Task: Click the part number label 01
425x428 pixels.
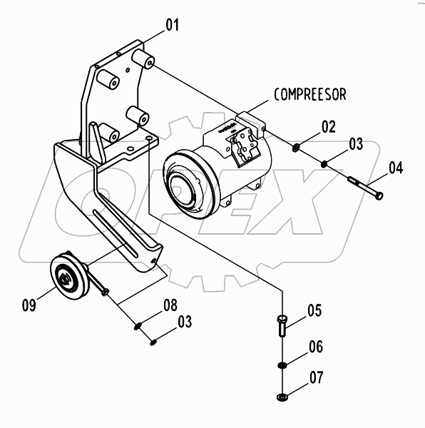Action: [x=172, y=27]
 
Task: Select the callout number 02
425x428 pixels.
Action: [x=328, y=128]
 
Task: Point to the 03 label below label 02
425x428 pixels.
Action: [x=356, y=145]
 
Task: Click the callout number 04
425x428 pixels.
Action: [x=396, y=168]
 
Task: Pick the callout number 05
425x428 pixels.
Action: [x=315, y=311]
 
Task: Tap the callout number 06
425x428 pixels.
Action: [x=315, y=347]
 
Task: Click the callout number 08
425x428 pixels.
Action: [x=170, y=306]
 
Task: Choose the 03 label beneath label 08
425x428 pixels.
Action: [x=184, y=322]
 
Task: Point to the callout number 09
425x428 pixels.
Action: [x=29, y=306]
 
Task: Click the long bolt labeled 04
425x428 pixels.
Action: [x=366, y=188]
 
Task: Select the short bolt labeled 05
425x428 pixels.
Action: [x=282, y=327]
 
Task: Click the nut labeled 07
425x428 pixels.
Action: [x=282, y=397]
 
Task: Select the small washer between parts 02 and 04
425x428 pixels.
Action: [x=324, y=165]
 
